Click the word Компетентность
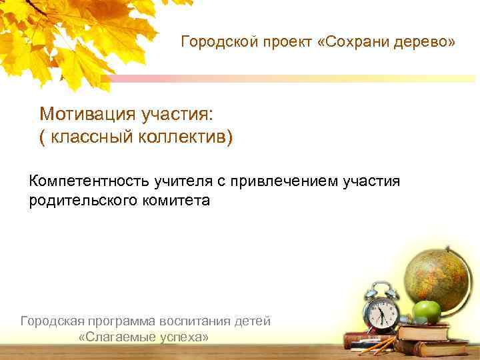[x=89, y=181]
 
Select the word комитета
[x=174, y=200]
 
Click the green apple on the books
[x=427, y=311]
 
